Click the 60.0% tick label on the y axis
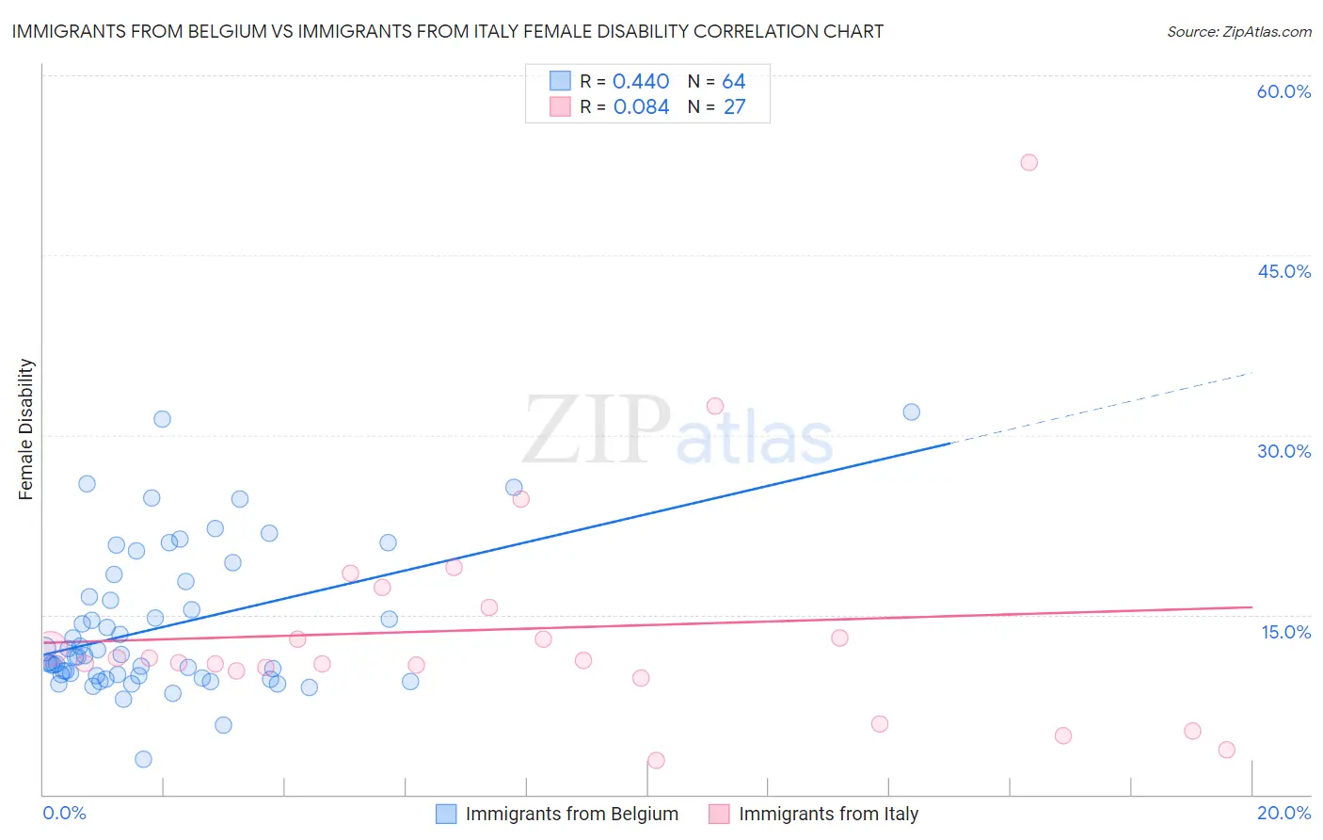click(1283, 91)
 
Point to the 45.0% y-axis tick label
click(1283, 271)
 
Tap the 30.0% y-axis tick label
click(1283, 451)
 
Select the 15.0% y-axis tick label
click(1285, 632)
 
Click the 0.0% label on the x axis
click(64, 813)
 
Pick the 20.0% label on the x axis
click(1283, 813)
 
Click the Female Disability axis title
click(26, 428)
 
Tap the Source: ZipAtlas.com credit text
click(1238, 31)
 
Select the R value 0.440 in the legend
click(641, 82)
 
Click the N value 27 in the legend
click(734, 107)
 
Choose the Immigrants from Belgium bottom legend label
click(571, 814)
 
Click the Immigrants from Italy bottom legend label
click(828, 814)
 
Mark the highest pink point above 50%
click(1028, 162)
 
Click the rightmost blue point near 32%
click(911, 412)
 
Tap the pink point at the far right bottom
click(1226, 750)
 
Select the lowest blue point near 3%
click(143, 759)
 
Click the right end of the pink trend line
click(1251, 607)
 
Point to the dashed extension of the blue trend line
click(1101, 407)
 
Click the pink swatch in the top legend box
click(560, 107)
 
